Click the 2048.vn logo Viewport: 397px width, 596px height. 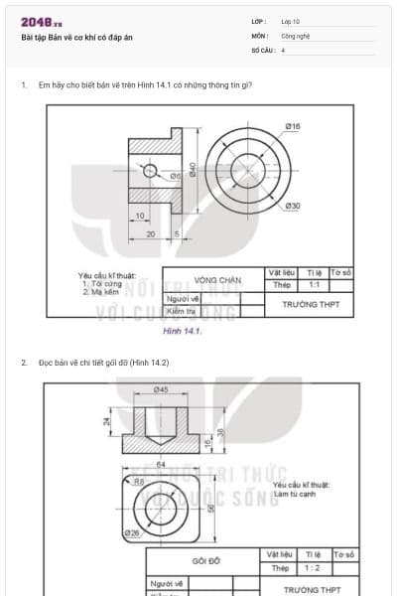pyautogui.click(x=42, y=22)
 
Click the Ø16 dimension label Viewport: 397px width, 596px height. pyautogui.click(x=293, y=126)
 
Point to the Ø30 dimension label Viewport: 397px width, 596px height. pyautogui.click(x=293, y=206)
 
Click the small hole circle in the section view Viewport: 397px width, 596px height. pyautogui.click(x=150, y=171)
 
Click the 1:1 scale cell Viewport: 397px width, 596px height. pyautogui.click(x=314, y=285)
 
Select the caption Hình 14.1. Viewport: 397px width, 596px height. pyautogui.click(x=183, y=331)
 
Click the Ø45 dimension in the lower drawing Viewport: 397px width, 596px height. pyautogui.click(x=161, y=388)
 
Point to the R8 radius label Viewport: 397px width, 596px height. pyautogui.click(x=139, y=483)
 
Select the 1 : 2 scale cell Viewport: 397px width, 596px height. pyautogui.click(x=314, y=568)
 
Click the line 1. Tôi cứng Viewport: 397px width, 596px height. pyautogui.click(x=102, y=283)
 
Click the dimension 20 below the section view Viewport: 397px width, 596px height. pyautogui.click(x=150, y=234)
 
